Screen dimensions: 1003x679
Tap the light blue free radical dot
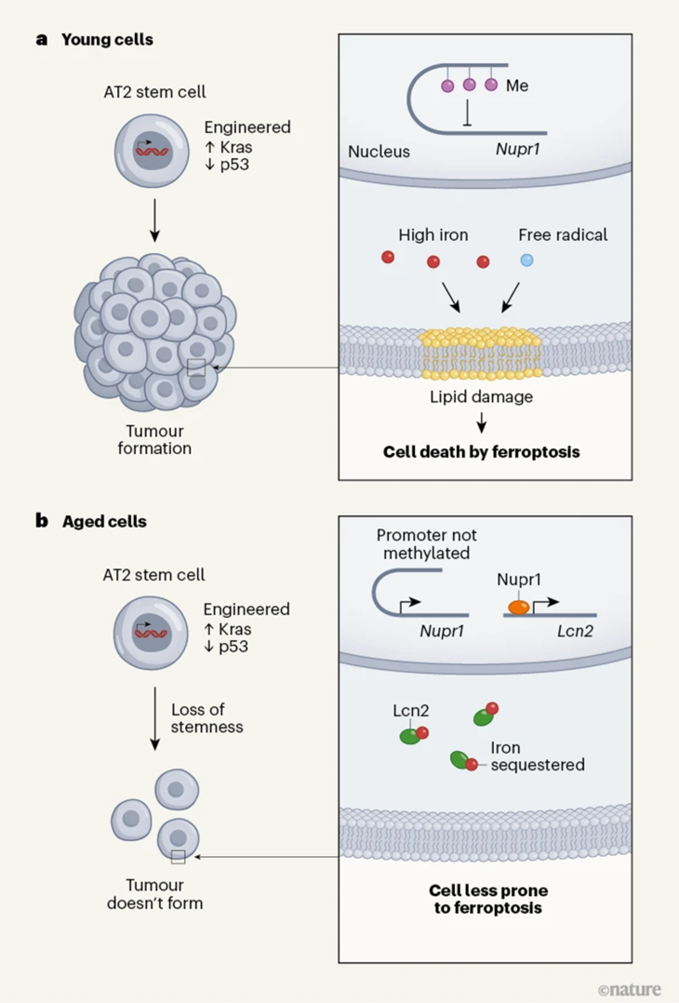[527, 261]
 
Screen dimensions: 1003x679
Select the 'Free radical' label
[562, 234]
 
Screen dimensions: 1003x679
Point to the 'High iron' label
[433, 234]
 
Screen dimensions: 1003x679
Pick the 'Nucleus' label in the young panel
[379, 151]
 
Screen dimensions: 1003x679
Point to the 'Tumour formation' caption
[160, 439]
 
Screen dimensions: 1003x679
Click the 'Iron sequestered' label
[537, 756]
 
